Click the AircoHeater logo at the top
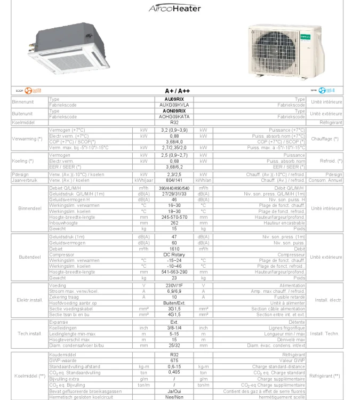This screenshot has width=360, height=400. click(x=174, y=9)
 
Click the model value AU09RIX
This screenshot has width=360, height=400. click(x=174, y=99)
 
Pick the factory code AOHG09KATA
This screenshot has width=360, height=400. click(x=174, y=116)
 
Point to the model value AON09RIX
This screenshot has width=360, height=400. click(x=174, y=111)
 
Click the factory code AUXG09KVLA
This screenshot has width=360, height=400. click(x=174, y=105)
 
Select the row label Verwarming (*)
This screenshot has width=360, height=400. click(x=27, y=139)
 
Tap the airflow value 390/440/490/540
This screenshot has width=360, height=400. click(x=174, y=189)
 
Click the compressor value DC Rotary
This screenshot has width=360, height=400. click(x=174, y=254)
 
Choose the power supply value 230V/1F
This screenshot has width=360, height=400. click(x=174, y=285)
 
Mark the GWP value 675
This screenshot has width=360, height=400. click(x=174, y=361)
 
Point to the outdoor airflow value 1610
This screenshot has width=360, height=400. click(x=174, y=249)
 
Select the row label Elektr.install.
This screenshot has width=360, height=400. click(x=29, y=300)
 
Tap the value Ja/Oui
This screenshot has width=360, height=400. click(x=174, y=391)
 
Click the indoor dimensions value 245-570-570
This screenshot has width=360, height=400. click(x=174, y=217)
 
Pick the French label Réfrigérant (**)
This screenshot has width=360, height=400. click(x=325, y=375)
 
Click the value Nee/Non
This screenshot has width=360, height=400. click(x=174, y=397)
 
